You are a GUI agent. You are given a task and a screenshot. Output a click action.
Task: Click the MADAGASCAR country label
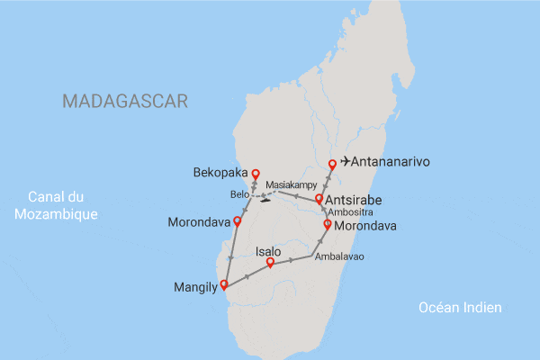click(125, 101)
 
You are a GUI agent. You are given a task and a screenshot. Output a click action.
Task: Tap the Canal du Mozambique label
click(62, 205)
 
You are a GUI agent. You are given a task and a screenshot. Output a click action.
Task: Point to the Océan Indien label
click(460, 308)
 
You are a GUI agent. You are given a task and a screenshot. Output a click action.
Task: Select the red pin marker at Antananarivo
click(333, 164)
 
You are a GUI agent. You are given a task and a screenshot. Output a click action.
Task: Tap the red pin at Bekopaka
click(255, 174)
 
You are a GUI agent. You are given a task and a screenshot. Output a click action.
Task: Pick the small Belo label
click(240, 194)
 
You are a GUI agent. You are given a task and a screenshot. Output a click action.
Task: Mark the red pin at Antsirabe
click(319, 199)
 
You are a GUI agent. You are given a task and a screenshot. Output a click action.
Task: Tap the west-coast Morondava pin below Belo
click(238, 220)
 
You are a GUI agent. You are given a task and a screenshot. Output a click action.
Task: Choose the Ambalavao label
click(338, 256)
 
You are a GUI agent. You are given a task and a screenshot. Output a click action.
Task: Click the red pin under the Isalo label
click(270, 263)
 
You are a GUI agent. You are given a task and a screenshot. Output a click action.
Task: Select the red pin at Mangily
click(224, 287)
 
